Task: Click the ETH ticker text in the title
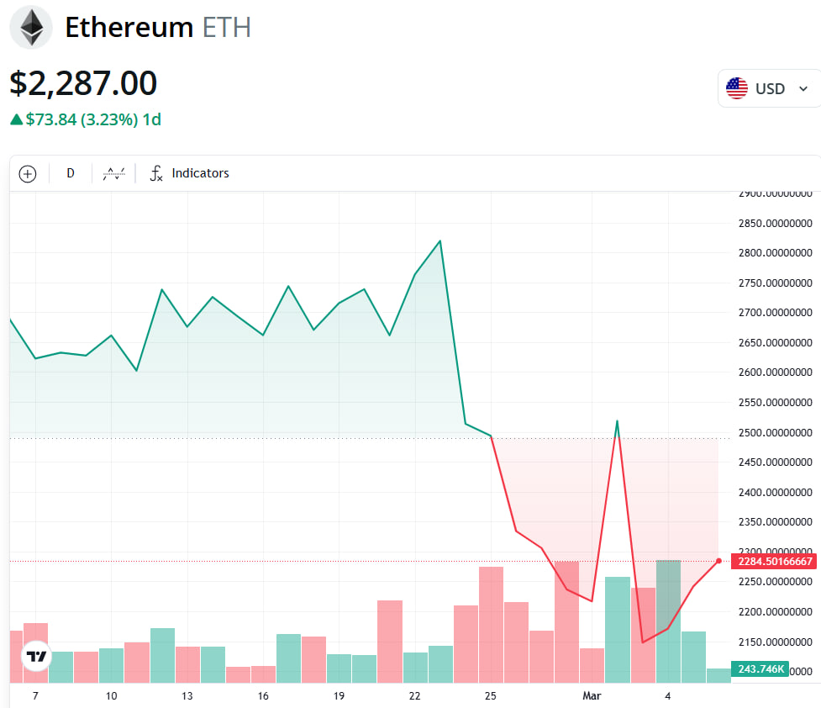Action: [227, 28]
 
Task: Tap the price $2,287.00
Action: [83, 84]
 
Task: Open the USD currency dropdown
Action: [768, 88]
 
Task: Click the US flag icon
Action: [737, 88]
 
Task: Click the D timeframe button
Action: [71, 173]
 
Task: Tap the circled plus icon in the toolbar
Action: [28, 174]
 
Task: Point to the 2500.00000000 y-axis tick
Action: [775, 432]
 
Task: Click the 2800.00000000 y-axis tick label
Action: [775, 253]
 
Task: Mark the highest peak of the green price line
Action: [439, 241]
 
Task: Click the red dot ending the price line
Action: [718, 561]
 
